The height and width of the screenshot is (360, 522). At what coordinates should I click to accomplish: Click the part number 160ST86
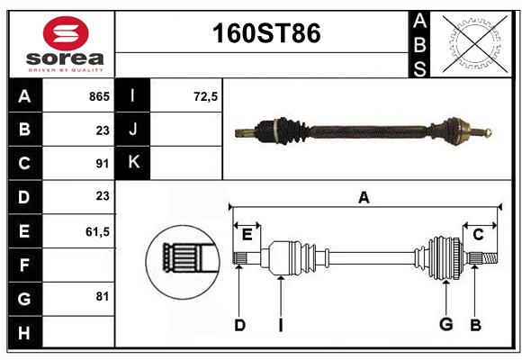pyautogui.click(x=265, y=33)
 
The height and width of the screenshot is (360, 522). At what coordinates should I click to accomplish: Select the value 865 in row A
pyautogui.click(x=99, y=96)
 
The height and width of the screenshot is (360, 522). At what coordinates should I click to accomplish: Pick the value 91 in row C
pyautogui.click(x=102, y=163)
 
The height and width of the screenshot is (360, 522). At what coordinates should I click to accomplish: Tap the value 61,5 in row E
pyautogui.click(x=97, y=231)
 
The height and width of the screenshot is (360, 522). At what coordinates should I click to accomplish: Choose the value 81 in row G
pyautogui.click(x=102, y=296)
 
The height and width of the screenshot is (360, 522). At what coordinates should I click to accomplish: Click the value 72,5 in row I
pyautogui.click(x=206, y=96)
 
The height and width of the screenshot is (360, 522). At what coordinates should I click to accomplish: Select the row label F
pyautogui.click(x=23, y=265)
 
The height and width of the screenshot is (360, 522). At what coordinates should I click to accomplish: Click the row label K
pyautogui.click(x=133, y=163)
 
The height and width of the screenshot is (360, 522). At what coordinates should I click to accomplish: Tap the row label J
pyautogui.click(x=133, y=130)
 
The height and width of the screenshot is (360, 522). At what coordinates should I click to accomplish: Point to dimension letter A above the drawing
pyautogui.click(x=364, y=197)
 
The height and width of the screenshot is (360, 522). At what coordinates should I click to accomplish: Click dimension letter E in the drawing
pyautogui.click(x=247, y=235)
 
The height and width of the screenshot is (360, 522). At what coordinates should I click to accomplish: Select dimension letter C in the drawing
pyautogui.click(x=478, y=235)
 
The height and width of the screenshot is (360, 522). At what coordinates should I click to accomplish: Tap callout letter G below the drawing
pyautogui.click(x=445, y=324)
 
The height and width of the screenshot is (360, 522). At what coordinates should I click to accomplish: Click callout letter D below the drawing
pyautogui.click(x=239, y=325)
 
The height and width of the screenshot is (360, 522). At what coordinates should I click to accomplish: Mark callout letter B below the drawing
pyautogui.click(x=476, y=324)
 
